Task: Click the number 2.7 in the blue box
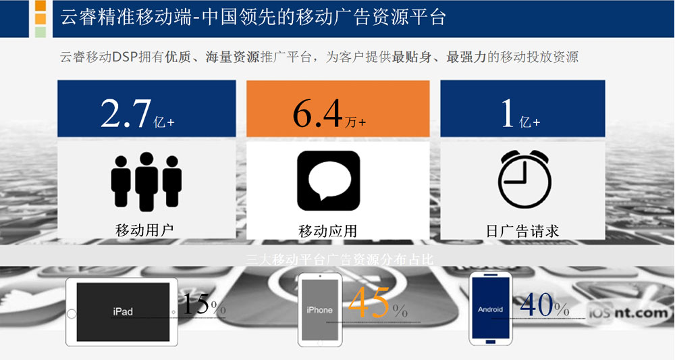click(x=126, y=113)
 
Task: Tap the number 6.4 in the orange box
click(x=317, y=113)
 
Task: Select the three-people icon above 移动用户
click(x=146, y=182)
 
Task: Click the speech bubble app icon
click(x=329, y=181)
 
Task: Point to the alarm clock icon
click(x=524, y=179)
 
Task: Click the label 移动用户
click(x=144, y=230)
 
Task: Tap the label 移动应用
click(x=328, y=231)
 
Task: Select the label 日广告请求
click(x=522, y=231)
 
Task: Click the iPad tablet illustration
click(x=122, y=312)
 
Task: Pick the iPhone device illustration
click(x=320, y=309)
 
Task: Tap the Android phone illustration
click(x=490, y=308)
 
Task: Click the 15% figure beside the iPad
click(x=204, y=304)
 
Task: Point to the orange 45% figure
click(x=377, y=303)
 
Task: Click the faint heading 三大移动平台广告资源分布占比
click(x=340, y=259)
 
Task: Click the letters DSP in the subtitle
click(x=125, y=57)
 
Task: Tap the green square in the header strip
click(x=40, y=32)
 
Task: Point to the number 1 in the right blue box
click(x=508, y=113)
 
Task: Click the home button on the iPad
click(x=72, y=313)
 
